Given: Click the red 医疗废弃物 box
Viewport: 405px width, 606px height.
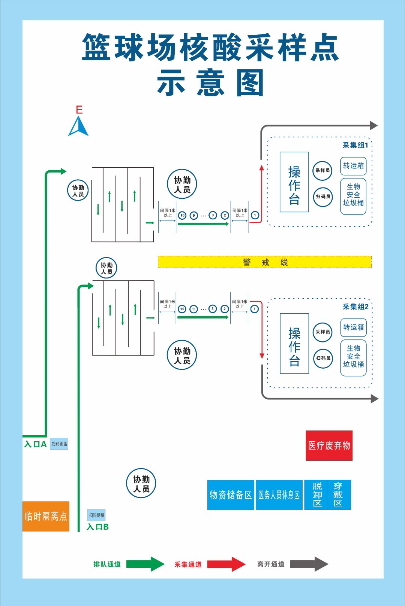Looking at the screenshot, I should (329, 445).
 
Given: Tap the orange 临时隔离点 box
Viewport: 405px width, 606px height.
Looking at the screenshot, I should (46, 516).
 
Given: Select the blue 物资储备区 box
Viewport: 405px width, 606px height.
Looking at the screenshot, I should (231, 495).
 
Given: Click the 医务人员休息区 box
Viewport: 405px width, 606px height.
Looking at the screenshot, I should (279, 495).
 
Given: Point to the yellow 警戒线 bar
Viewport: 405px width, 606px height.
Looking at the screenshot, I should (264, 262).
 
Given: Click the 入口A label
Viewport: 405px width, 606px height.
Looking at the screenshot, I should (35, 444).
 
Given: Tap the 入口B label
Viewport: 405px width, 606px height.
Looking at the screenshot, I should (97, 527).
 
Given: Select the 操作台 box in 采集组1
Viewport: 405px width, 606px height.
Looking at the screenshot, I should (294, 182).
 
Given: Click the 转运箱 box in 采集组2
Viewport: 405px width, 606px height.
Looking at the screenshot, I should (353, 327).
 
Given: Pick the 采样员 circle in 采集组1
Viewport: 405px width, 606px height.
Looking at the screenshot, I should (322, 170).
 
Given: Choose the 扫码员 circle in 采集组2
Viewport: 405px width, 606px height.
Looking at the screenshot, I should (323, 358).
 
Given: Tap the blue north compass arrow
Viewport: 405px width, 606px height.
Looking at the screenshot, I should (78, 127).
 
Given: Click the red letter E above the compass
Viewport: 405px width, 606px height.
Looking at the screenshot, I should (79, 110).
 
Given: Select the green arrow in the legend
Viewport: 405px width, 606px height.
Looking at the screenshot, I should (145, 564).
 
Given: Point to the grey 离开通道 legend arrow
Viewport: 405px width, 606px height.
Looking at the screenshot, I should (309, 564).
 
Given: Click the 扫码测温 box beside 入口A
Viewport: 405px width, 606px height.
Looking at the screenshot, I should (59, 444).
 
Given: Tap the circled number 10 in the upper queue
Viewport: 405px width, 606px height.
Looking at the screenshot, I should (182, 215).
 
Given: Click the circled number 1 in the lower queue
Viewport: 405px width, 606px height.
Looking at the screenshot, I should (255, 309).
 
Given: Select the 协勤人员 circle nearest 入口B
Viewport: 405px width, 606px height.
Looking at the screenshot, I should (141, 483).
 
